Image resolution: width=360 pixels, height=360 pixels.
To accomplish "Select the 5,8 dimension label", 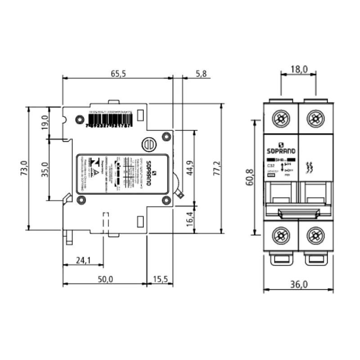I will pyautogui.click(x=201, y=74).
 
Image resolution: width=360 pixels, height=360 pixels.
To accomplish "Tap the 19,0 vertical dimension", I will pyautogui.click(x=45, y=122).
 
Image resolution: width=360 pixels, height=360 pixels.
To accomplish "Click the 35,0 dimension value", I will pyautogui.click(x=45, y=169).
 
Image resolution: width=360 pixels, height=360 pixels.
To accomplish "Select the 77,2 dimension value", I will pyautogui.click(x=217, y=168).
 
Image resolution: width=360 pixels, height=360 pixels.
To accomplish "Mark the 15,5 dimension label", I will pyautogui.click(x=160, y=279).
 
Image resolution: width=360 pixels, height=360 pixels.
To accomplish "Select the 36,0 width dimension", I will pyautogui.click(x=298, y=284).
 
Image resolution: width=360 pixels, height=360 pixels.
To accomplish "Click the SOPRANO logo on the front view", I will pyautogui.click(x=281, y=151).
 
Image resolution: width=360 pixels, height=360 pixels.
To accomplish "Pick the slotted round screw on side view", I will pyautogui.click(x=149, y=144).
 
